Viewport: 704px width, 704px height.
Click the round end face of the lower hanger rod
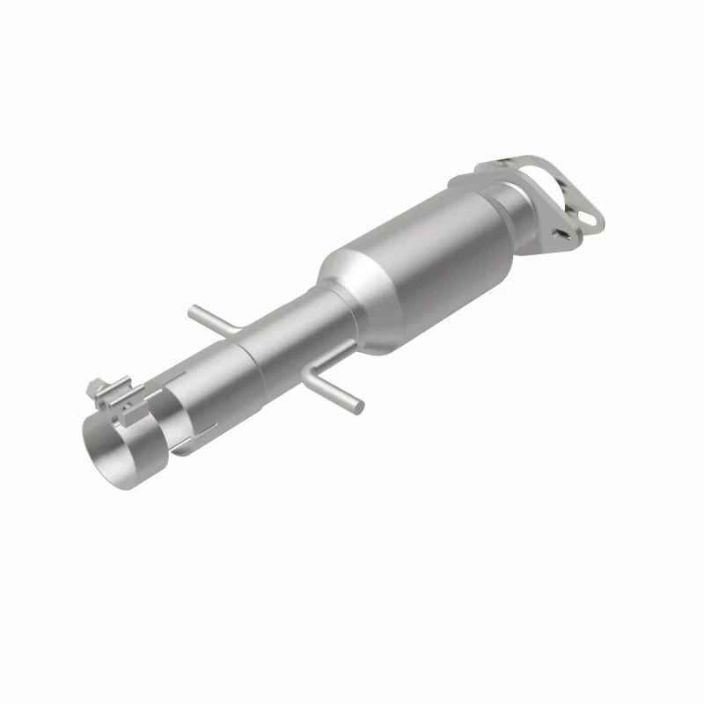[361, 407]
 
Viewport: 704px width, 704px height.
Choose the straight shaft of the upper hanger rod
[211, 319]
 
